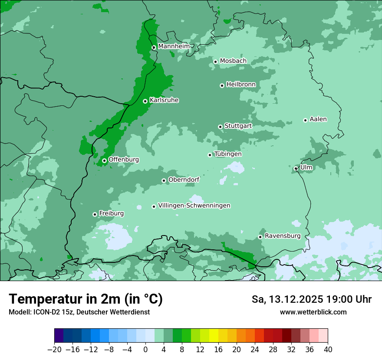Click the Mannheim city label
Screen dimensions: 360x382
(x=174, y=46)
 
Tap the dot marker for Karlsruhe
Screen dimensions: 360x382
(x=145, y=101)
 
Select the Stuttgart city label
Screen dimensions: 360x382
(x=238, y=126)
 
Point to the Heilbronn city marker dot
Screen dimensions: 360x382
(x=222, y=85)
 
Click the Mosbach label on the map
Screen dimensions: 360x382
(x=233, y=61)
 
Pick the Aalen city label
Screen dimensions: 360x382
(x=318, y=119)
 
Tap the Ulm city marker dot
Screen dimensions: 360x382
(x=296, y=168)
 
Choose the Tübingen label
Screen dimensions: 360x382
(x=228, y=154)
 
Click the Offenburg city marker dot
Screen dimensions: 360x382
(x=104, y=160)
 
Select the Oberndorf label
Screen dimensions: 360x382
(x=184, y=180)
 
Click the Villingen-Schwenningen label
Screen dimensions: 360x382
(x=194, y=206)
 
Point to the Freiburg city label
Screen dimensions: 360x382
(x=111, y=213)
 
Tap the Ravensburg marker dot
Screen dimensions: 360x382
(x=260, y=237)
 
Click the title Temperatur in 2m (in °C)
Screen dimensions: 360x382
(x=86, y=299)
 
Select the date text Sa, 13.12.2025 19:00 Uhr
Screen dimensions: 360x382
(x=311, y=299)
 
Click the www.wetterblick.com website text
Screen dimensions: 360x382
(x=313, y=312)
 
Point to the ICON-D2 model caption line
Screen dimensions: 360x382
(x=79, y=312)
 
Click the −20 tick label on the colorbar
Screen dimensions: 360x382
(x=54, y=350)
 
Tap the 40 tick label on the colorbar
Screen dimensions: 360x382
(x=328, y=350)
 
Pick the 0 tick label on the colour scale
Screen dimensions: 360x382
(x=145, y=350)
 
